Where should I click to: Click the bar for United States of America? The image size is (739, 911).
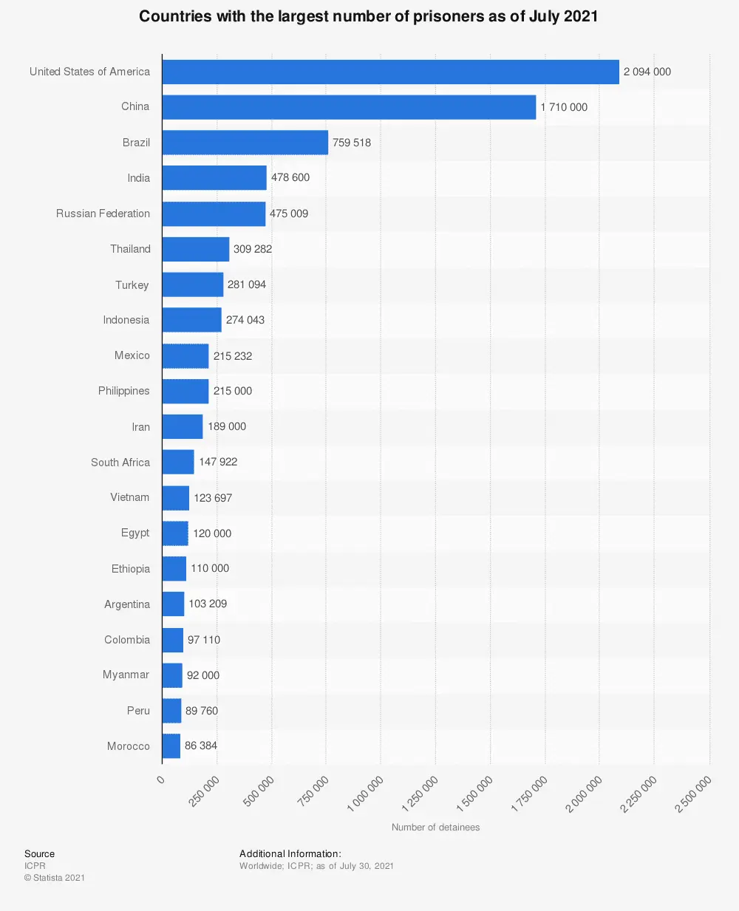click(x=390, y=72)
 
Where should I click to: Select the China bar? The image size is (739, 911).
click(x=349, y=107)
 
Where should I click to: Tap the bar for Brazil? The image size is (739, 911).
click(x=245, y=143)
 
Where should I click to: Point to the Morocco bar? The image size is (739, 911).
click(x=171, y=746)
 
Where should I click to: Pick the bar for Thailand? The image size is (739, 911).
click(x=196, y=249)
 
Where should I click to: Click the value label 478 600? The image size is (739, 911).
click(x=290, y=178)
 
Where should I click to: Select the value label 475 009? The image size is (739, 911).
click(x=289, y=214)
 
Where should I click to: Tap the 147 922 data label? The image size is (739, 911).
click(x=218, y=462)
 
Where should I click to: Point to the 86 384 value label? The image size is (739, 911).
click(x=201, y=745)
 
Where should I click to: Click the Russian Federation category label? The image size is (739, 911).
click(x=103, y=214)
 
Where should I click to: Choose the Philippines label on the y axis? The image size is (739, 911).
click(x=123, y=391)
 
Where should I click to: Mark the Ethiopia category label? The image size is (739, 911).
click(x=131, y=569)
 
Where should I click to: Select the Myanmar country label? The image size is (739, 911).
click(x=126, y=675)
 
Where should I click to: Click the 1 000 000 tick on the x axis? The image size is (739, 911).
click(x=366, y=794)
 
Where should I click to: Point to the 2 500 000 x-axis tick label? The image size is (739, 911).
click(x=693, y=794)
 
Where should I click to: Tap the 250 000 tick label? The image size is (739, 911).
click(x=205, y=791)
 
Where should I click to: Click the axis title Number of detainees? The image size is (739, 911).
click(x=435, y=828)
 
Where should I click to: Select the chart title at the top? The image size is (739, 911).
click(x=369, y=16)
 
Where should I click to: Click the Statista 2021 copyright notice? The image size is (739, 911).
click(x=55, y=878)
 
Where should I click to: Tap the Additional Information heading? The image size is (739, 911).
click(x=290, y=854)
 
